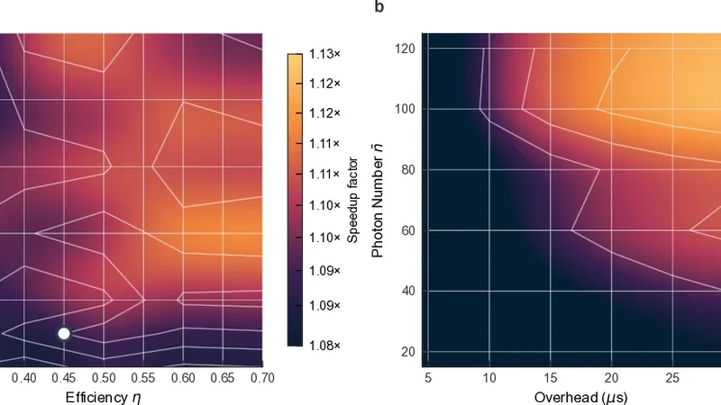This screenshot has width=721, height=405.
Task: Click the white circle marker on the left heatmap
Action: pyautogui.click(x=64, y=334)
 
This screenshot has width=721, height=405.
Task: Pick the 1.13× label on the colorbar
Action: pyautogui.click(x=324, y=55)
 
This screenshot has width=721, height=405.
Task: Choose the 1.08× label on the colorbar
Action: pyautogui.click(x=324, y=346)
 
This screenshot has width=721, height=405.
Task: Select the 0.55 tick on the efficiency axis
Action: pyautogui.click(x=143, y=376)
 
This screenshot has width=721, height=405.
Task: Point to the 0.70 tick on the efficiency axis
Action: pyautogui.click(x=261, y=376)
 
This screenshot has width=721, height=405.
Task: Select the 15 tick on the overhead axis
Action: pyautogui.click(x=550, y=376)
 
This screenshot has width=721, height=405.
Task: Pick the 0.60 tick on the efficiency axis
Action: pyautogui.click(x=183, y=376)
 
